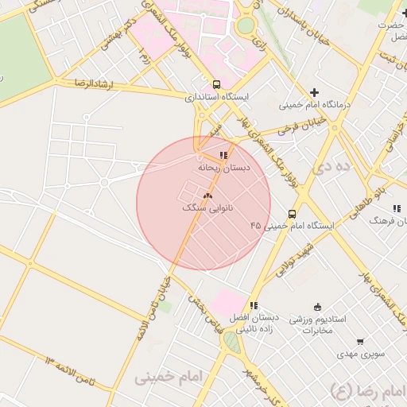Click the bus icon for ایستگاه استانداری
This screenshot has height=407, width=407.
pyautogui.click(x=217, y=84)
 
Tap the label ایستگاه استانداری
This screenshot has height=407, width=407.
pyautogui.click(x=217, y=97)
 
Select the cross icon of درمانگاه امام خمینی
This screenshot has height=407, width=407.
pyautogui.click(x=315, y=92)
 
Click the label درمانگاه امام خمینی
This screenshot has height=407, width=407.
pyautogui.click(x=315, y=105)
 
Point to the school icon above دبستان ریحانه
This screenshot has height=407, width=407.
pyautogui.click(x=224, y=155)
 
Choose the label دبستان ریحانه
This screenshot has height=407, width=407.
pyautogui.click(x=224, y=168)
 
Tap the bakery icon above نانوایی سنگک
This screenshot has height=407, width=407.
pyautogui.click(x=208, y=195)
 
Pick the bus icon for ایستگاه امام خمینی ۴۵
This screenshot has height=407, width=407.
pyautogui.click(x=293, y=213)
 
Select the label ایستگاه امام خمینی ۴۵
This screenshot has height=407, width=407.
pyautogui.click(x=293, y=226)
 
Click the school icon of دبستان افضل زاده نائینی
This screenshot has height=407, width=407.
pyautogui.click(x=254, y=305)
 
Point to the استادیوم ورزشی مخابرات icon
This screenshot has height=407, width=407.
pyautogui.click(x=318, y=307)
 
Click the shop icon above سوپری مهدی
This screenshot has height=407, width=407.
pyautogui.click(x=360, y=342)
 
